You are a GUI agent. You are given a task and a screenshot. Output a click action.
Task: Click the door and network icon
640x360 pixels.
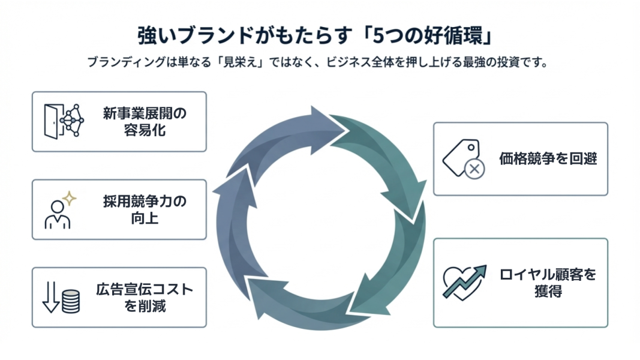pos(64,121)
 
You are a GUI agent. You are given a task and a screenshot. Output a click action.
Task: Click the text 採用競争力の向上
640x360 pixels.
pos(145,209)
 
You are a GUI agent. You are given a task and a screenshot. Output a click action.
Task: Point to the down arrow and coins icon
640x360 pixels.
pos(62,298)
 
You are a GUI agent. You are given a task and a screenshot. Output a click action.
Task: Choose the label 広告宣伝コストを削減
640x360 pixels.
pos(145,298)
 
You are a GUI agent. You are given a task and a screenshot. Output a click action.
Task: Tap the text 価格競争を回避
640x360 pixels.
pos(548,158)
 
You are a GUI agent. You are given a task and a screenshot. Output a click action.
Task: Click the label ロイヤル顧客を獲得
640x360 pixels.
pos(548,283)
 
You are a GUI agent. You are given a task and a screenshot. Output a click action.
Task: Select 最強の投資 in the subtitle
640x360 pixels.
pos(488,62)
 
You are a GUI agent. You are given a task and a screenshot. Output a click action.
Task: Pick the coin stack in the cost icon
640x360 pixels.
pos(71,302)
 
